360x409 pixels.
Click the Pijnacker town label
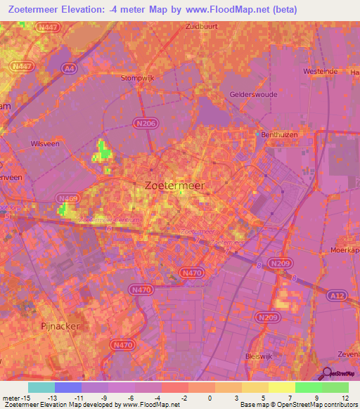[59, 327]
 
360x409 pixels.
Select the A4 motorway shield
[67, 68]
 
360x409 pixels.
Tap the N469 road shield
[68, 199]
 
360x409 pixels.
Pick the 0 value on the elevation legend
[210, 398]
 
